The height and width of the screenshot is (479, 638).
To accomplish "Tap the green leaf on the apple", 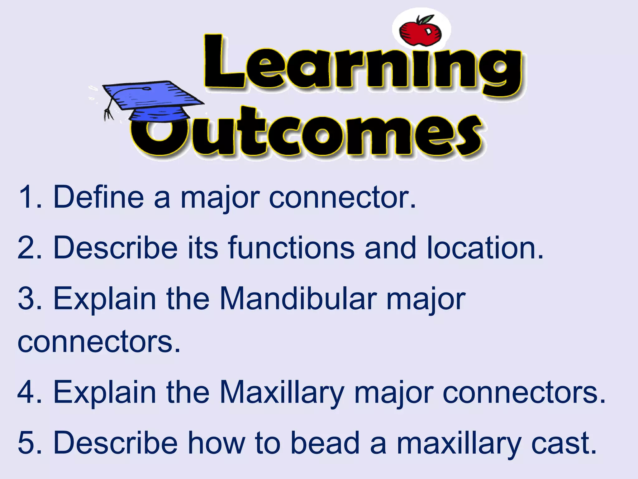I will [426, 19].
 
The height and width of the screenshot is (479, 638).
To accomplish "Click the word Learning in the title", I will [363, 65].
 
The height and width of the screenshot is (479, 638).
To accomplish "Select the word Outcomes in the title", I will [307, 134].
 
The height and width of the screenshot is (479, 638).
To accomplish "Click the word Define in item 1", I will [98, 197].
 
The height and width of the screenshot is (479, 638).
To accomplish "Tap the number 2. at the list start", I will [29, 248].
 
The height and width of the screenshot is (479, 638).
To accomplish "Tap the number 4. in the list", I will [29, 392].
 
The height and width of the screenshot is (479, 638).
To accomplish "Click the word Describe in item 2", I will [115, 248].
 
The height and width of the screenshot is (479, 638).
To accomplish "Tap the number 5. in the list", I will [29, 443].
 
